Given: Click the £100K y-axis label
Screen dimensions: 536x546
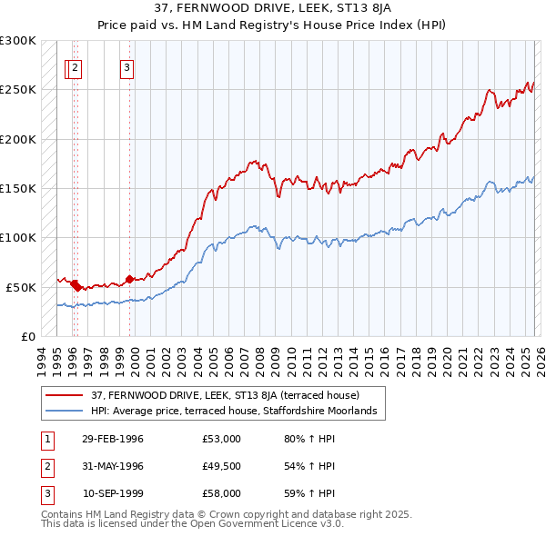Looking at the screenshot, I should click(x=18, y=237).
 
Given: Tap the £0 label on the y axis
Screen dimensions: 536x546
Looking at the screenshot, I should click(x=27, y=336).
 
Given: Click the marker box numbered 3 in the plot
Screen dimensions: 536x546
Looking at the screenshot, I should click(x=127, y=66).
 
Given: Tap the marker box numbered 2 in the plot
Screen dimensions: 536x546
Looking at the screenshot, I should click(x=75, y=66).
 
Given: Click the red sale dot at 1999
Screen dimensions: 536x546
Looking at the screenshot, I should click(x=129, y=279).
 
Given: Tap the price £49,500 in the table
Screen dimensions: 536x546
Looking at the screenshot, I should click(x=221, y=466).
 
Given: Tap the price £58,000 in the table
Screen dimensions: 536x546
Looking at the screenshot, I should click(x=221, y=493).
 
